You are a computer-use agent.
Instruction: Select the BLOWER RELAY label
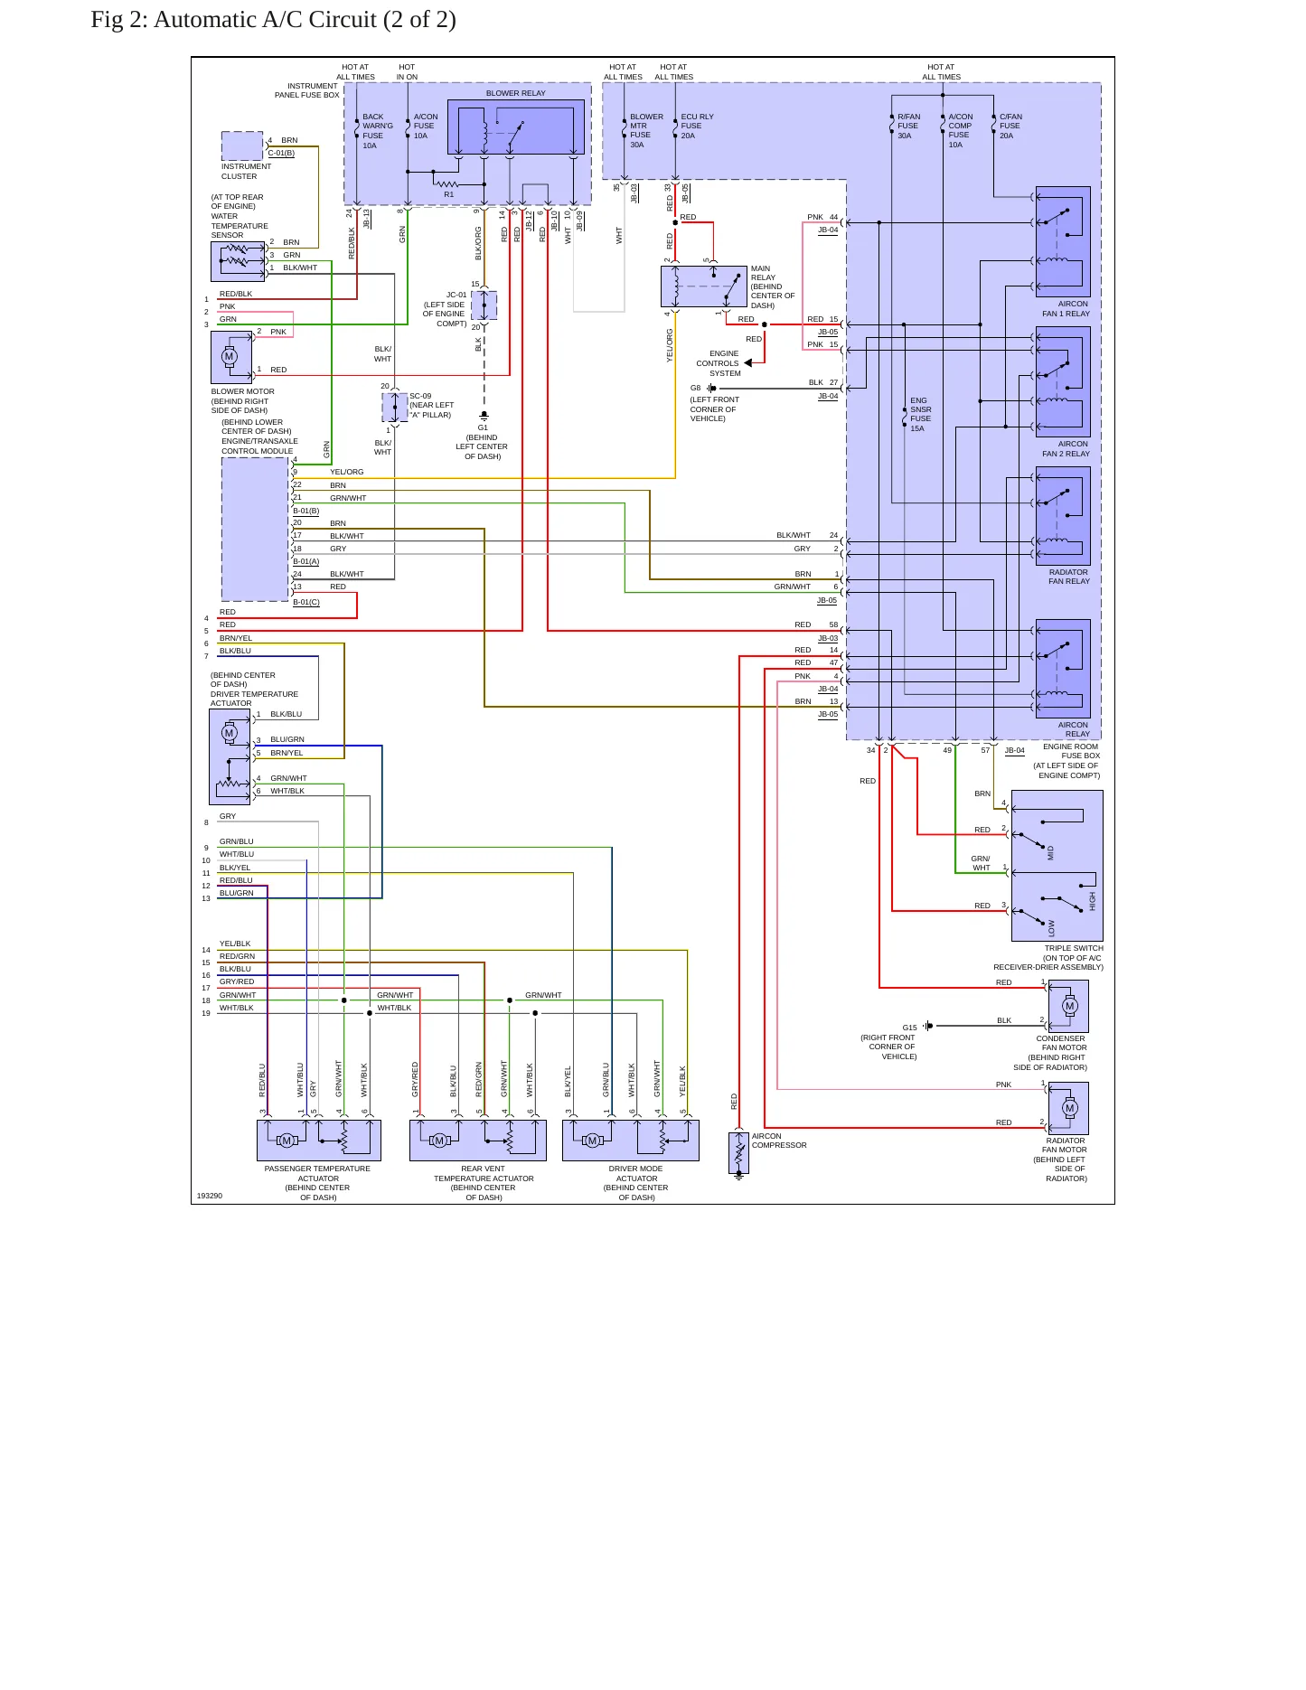point(515,93)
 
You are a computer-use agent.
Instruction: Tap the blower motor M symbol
point(229,356)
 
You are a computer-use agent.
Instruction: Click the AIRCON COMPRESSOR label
point(779,1141)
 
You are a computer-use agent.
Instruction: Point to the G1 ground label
point(483,427)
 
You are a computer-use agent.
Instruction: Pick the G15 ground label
point(909,1028)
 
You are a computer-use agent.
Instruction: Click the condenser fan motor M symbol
point(1070,1006)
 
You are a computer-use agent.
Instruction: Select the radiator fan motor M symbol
point(1070,1108)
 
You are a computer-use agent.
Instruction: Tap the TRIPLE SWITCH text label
point(1074,948)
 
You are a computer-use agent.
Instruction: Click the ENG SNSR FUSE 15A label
point(920,414)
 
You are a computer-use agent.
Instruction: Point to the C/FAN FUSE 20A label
point(1010,126)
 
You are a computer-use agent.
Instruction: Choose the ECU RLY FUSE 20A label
point(697,126)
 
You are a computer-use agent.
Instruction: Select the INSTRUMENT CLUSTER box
point(242,146)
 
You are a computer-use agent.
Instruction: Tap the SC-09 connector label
point(420,396)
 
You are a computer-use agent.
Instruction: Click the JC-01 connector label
point(456,295)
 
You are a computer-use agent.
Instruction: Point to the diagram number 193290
point(209,1196)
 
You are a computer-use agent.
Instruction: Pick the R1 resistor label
point(448,194)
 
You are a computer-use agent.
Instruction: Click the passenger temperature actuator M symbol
point(287,1141)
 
